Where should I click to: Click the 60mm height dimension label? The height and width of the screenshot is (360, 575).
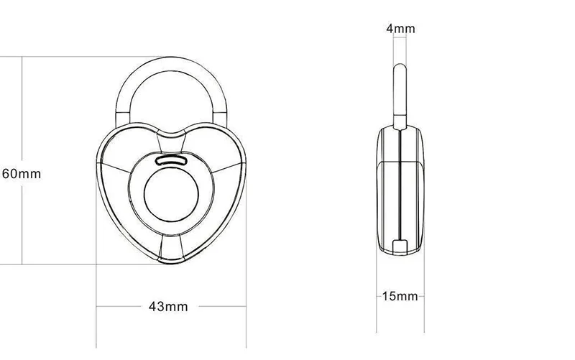tap(22, 174)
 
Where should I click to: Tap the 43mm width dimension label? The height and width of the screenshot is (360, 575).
tap(168, 307)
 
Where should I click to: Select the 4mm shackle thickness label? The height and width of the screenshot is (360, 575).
tap(400, 29)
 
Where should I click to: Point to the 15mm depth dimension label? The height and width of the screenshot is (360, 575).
tap(400, 296)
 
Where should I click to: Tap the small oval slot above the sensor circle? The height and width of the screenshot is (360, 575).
tap(171, 160)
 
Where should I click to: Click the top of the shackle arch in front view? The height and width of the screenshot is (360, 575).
tap(171, 63)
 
